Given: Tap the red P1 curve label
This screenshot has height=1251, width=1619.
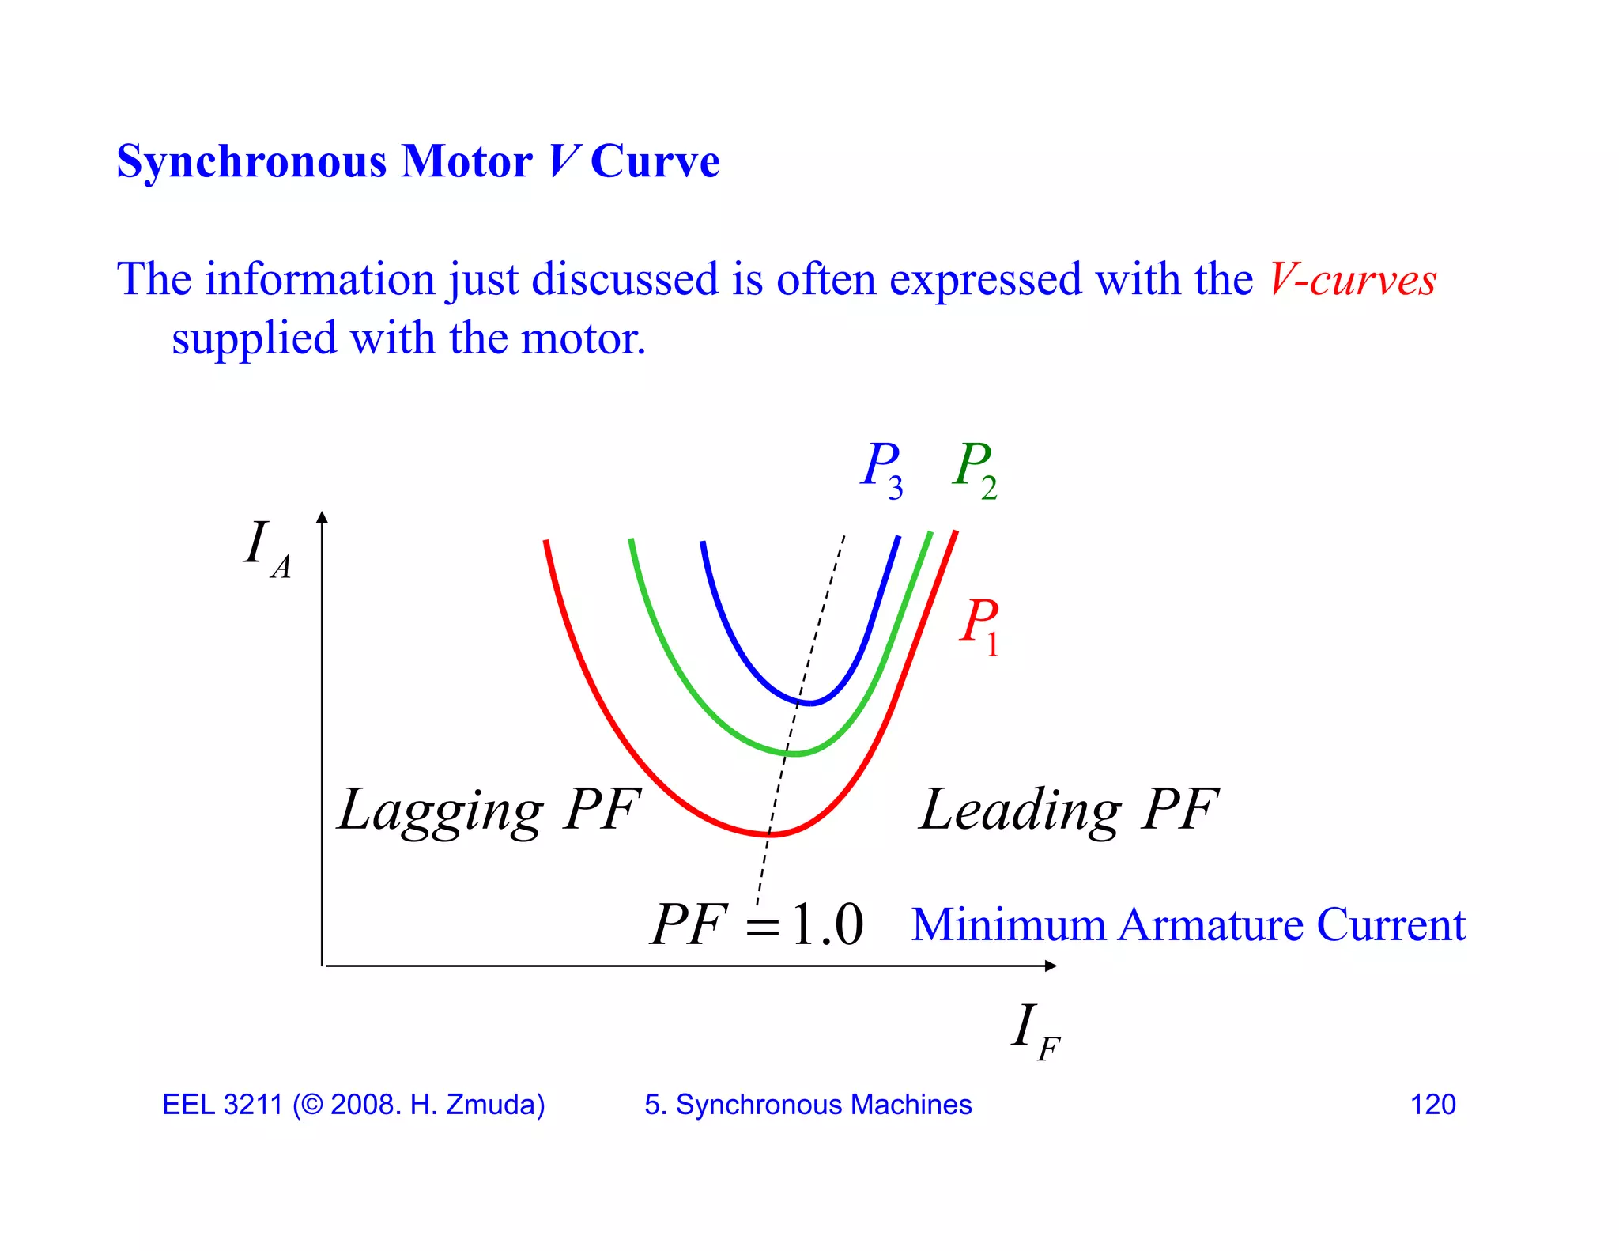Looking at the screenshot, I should pyautogui.click(x=980, y=625).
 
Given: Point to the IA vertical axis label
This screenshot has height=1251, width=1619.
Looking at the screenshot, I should pyautogui.click(x=266, y=548).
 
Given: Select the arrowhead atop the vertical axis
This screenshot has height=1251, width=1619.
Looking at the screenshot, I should pyautogui.click(x=322, y=517).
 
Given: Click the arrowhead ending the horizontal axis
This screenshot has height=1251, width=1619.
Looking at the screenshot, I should pyautogui.click(x=1051, y=966).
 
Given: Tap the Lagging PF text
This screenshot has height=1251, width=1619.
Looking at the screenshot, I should pyautogui.click(x=489, y=811).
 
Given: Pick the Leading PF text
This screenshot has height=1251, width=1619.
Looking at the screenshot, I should pyautogui.click(x=1069, y=811).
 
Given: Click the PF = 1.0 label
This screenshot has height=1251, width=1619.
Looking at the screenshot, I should pyautogui.click(x=757, y=924).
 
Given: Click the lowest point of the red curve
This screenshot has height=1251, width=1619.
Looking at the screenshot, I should pyautogui.click(x=772, y=834).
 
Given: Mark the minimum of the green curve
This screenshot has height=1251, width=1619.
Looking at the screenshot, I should pyautogui.click(x=795, y=754).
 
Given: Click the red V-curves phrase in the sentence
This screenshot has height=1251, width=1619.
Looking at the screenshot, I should pyautogui.click(x=1353, y=280).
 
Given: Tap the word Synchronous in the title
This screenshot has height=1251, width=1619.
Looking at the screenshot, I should pyautogui.click(x=251, y=161).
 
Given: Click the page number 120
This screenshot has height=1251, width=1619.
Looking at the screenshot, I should pyautogui.click(x=1432, y=1105).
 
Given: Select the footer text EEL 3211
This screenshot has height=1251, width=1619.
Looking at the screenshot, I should pyautogui.click(x=222, y=1105).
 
